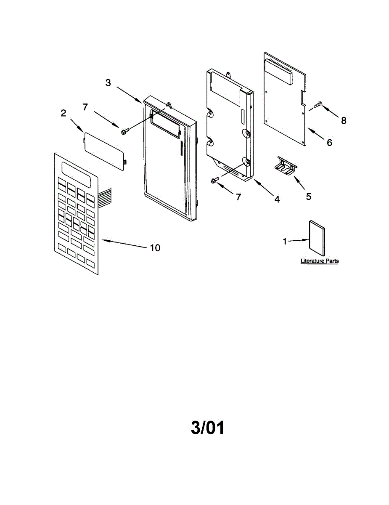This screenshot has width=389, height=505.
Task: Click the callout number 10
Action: pos(155,248)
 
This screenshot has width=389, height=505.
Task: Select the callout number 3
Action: pos(108,83)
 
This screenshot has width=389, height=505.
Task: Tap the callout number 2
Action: pos(64,113)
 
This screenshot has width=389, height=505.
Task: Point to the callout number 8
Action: pos(344,120)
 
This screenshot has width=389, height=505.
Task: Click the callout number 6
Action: pos(329,143)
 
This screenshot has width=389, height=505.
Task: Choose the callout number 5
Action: pos(309,196)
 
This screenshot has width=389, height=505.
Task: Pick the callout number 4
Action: pos(277,199)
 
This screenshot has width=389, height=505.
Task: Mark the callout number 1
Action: pos(285,242)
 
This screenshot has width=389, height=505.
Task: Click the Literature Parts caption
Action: pos(319,261)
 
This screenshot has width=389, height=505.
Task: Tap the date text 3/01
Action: pos(208,428)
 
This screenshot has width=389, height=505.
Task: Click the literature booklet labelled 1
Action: pos(317,238)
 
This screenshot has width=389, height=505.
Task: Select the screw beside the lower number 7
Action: pos(214,181)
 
